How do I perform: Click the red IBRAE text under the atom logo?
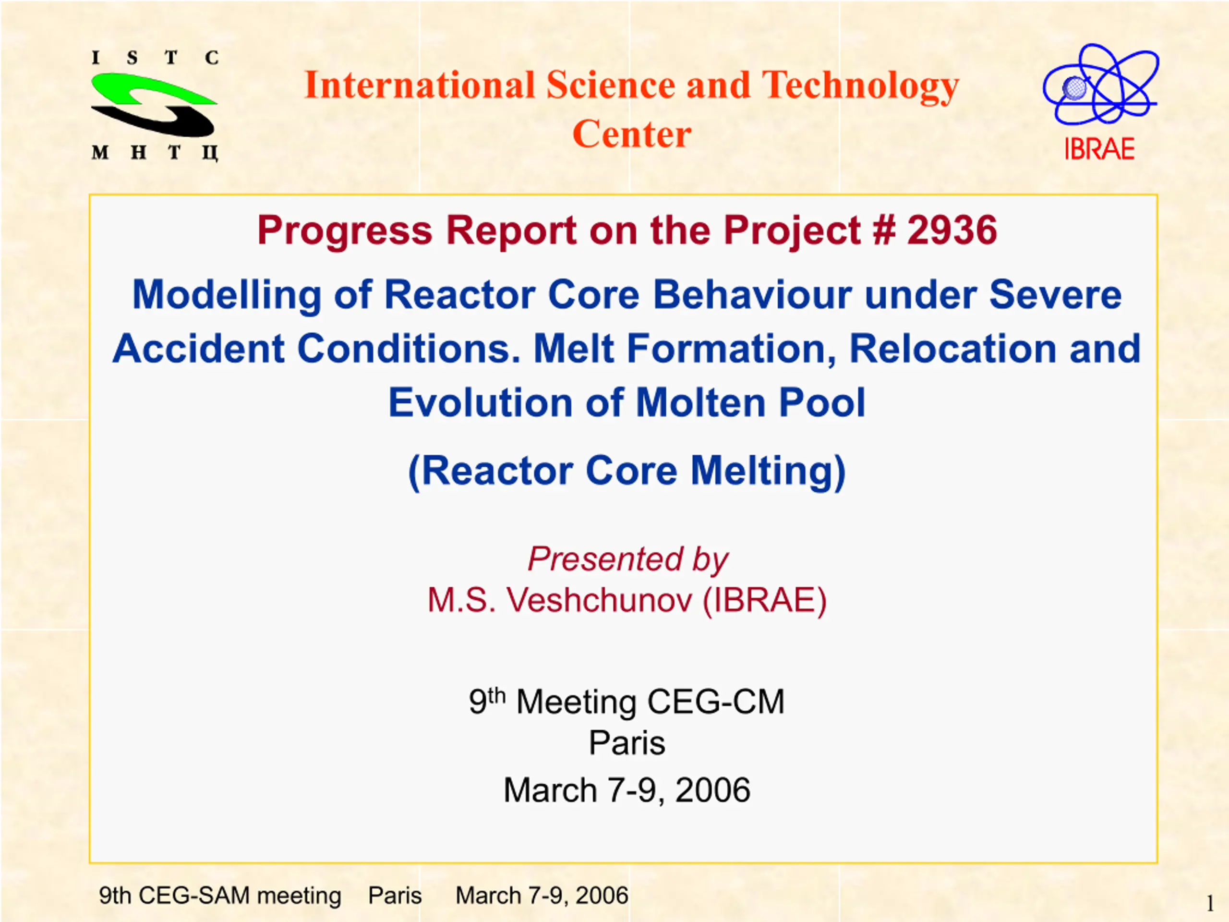tap(1099, 149)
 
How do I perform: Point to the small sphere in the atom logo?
tap(1074, 87)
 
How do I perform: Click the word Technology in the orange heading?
tap(860, 87)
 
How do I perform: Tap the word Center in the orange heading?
tap(632, 134)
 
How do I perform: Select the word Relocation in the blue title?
tap(953, 349)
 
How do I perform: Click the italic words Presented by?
tap(628, 559)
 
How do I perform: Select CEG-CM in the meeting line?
tap(716, 702)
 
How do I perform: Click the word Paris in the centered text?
tap(627, 742)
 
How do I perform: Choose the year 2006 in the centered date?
tap(712, 790)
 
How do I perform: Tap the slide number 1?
tap(1209, 904)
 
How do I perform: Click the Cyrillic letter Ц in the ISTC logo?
tap(210, 152)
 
